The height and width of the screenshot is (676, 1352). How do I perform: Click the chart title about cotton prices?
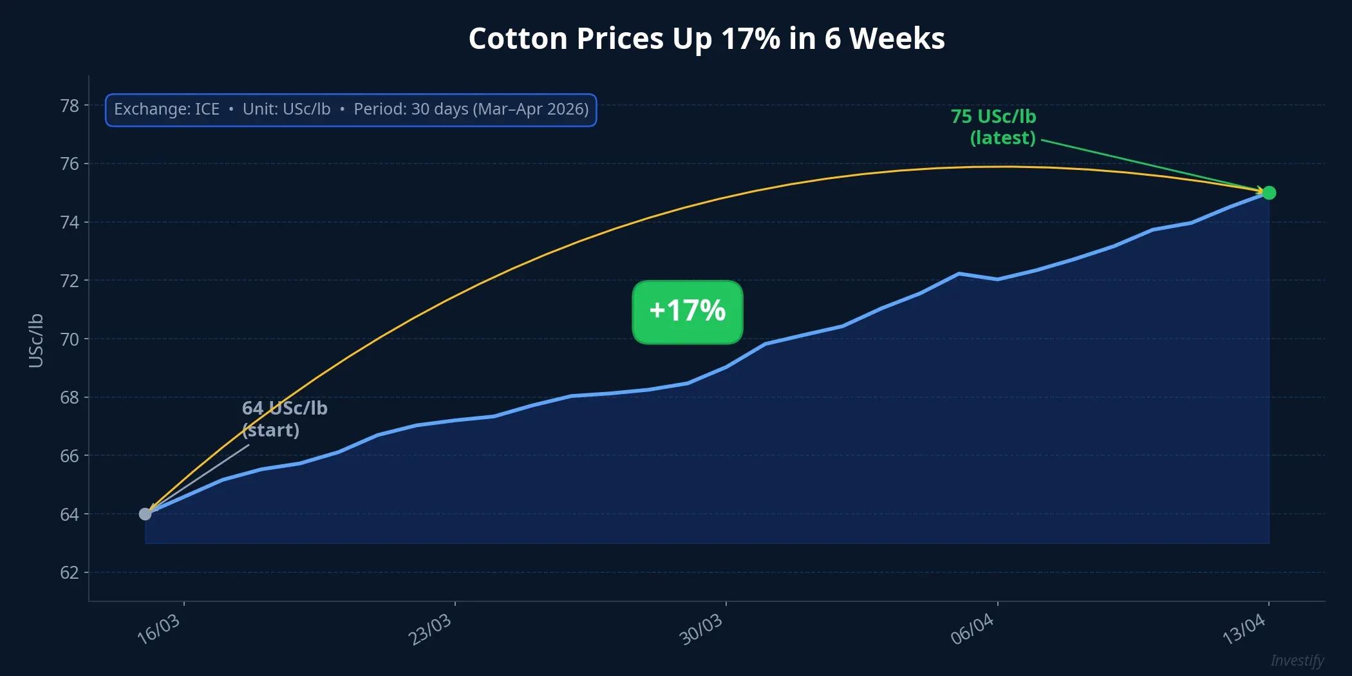tap(706, 39)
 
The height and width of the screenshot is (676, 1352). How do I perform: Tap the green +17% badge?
tap(688, 312)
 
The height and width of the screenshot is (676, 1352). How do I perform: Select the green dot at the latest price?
tap(1269, 193)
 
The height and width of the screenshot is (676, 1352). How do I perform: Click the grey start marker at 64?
tap(146, 514)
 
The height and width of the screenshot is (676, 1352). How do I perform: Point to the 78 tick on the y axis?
tap(70, 106)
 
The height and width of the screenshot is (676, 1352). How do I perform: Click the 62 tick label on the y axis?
tap(70, 572)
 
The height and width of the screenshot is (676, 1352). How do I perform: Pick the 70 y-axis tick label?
tap(70, 339)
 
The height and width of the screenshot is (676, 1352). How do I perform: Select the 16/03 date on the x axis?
tap(159, 629)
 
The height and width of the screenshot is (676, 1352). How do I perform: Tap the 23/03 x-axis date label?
tap(430, 629)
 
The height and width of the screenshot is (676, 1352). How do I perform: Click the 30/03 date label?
tap(701, 629)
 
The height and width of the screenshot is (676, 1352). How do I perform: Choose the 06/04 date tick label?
tap(973, 629)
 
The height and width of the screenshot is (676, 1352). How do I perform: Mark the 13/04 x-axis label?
tap(1244, 629)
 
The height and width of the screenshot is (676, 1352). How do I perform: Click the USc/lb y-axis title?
tap(36, 341)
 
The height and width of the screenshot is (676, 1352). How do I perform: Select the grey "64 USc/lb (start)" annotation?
tap(284, 419)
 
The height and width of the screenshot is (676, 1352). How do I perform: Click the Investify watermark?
tap(1297, 661)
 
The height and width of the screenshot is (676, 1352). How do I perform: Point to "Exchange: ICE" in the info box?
tap(167, 109)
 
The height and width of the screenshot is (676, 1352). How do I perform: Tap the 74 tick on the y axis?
tap(70, 223)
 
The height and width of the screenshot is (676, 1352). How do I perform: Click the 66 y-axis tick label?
tap(70, 456)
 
